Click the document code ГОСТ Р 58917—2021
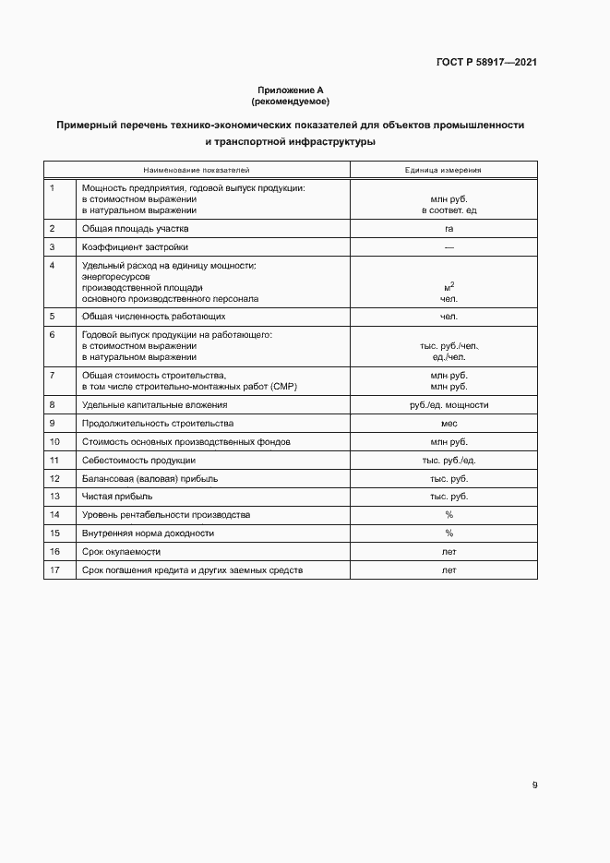[486, 63]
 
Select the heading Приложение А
[290, 90]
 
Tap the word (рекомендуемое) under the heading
[290, 100]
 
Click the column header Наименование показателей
[196, 170]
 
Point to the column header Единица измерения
[443, 170]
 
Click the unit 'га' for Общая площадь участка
[449, 228]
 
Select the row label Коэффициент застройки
[135, 247]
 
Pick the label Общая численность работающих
[154, 317]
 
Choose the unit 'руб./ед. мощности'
[449, 405]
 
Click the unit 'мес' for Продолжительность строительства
[449, 424]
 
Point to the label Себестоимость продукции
[138, 460]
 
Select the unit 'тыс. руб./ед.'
[449, 460]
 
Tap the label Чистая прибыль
[117, 497]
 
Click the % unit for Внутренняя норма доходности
[449, 533]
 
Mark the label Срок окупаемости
[121, 552]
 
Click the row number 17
[54, 570]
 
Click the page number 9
[534, 785]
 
